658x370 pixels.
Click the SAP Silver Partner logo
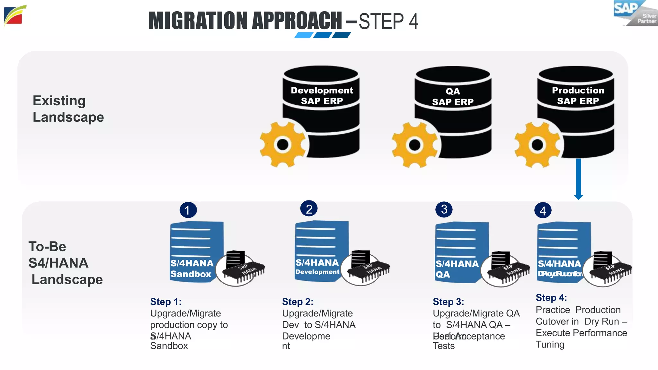click(x=635, y=13)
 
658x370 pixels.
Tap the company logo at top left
click(x=14, y=16)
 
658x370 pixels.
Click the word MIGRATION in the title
click(x=199, y=21)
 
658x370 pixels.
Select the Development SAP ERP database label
click(x=322, y=95)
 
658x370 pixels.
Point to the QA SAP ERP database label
click(x=453, y=96)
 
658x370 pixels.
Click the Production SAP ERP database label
click(x=578, y=95)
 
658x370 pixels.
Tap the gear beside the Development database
click(x=282, y=144)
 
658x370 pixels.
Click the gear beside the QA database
click(x=414, y=145)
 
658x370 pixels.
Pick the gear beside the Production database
click(x=537, y=145)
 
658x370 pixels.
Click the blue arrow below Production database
click(x=578, y=179)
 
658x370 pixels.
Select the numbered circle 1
click(x=188, y=210)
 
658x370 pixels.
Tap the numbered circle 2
click(x=309, y=209)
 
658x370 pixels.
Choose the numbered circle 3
click(x=444, y=209)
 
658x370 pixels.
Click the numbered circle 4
click(x=543, y=211)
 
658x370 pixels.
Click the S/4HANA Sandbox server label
click(x=191, y=269)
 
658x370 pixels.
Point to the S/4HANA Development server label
click(x=317, y=267)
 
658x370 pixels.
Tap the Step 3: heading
click(x=448, y=302)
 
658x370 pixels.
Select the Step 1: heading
click(x=166, y=302)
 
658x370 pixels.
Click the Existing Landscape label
click(x=68, y=109)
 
